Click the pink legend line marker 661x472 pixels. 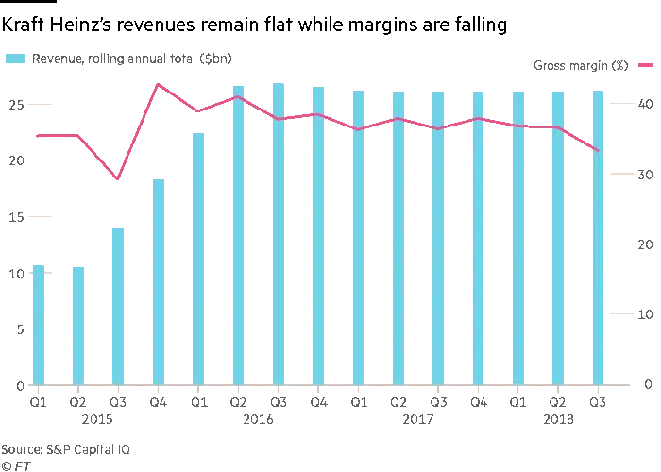pos(647,67)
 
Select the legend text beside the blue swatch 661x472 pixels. pos(132,60)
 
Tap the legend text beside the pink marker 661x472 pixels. pos(577,68)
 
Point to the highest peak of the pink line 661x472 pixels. pos(159,85)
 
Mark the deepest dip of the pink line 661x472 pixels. pos(117,178)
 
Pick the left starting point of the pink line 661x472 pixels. pos(34,136)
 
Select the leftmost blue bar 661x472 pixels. pos(38,326)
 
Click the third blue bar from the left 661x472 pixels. pos(117,305)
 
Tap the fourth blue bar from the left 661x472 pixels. pos(159,279)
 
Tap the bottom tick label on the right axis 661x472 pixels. pos(649,384)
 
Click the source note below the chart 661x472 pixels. pos(66,452)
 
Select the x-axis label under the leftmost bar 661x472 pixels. pos(38,400)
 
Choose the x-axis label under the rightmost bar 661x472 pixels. pos(598,400)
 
